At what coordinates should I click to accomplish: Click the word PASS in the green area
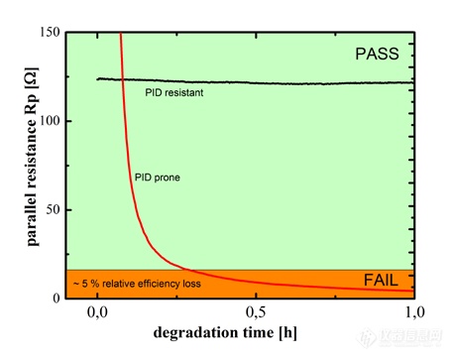378,56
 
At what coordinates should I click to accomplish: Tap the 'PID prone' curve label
156,179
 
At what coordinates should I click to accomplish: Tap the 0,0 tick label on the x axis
98,313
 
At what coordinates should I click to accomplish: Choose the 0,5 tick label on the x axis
256,313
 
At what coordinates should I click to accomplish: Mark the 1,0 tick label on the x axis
413,313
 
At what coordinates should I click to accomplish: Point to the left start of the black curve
98,79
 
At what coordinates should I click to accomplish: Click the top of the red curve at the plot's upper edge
121,33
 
